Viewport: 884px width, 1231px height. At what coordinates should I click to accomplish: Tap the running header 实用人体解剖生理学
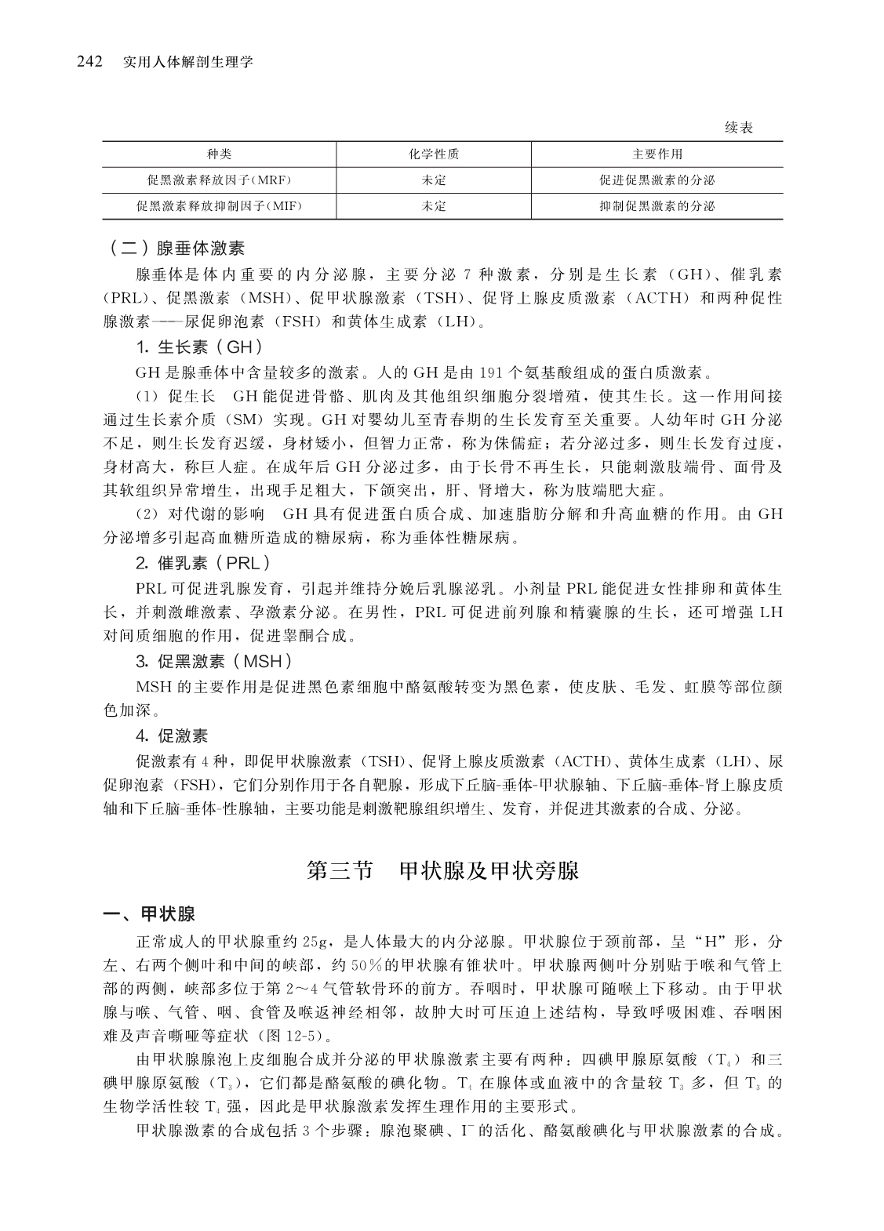(188, 61)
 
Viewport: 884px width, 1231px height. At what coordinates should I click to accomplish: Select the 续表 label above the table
(738, 128)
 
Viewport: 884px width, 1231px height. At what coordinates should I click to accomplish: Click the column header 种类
(219, 154)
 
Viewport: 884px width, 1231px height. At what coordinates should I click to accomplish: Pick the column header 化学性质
(433, 154)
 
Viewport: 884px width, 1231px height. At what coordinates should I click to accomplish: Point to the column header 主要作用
(657, 154)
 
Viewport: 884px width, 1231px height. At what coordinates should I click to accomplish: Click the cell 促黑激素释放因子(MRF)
(219, 180)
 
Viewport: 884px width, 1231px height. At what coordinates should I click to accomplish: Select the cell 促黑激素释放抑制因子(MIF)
(219, 206)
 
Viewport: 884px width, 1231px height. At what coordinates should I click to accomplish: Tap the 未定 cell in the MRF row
(433, 180)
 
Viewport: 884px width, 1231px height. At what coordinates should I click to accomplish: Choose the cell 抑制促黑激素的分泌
(657, 206)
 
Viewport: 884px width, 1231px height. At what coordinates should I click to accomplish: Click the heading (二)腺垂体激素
(176, 249)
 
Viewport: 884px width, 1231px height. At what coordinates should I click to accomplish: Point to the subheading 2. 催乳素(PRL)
(203, 563)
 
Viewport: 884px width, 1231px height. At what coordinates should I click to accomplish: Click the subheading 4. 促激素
(172, 735)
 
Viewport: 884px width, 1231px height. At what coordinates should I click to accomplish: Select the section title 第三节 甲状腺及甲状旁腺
(442, 871)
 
